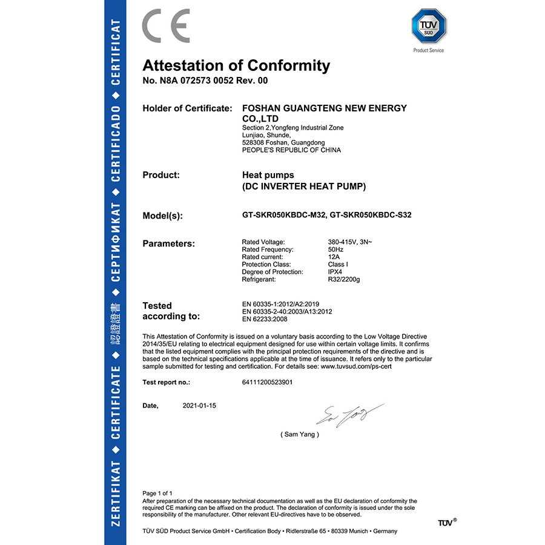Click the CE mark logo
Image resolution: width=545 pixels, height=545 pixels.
[165, 26]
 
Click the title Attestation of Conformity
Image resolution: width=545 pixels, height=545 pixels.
[236, 65]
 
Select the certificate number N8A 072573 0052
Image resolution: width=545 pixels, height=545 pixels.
[188, 81]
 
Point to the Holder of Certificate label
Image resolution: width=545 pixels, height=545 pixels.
[187, 108]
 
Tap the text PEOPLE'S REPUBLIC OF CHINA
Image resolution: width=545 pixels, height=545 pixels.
[291, 150]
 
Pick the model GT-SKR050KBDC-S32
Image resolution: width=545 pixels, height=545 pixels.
[372, 215]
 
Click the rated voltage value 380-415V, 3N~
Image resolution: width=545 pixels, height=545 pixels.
[350, 242]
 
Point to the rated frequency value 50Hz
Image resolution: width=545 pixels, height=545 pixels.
[336, 249]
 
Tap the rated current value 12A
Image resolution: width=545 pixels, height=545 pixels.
[334, 257]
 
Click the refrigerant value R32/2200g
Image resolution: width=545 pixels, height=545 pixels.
[343, 279]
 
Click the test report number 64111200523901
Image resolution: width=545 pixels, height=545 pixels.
[267, 383]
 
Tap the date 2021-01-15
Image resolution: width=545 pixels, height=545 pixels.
[199, 406]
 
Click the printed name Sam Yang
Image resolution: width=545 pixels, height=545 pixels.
[300, 435]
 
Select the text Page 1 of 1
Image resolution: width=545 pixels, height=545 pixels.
[157, 494]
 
